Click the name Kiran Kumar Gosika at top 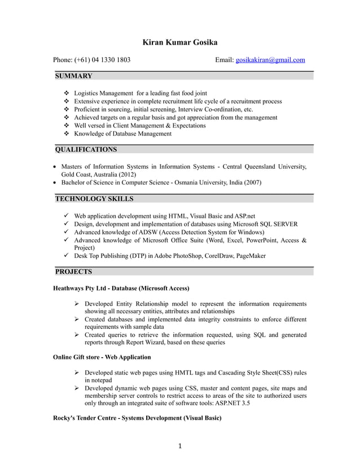[x=179, y=42]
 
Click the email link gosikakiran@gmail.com [x=270, y=60]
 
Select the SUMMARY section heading [x=73, y=76]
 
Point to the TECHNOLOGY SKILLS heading [x=94, y=199]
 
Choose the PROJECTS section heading [x=73, y=272]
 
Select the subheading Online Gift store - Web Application [x=102, y=357]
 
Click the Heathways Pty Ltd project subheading [x=121, y=288]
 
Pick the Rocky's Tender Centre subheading [x=137, y=418]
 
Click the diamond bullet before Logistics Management [x=67, y=93]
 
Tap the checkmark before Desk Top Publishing [x=67, y=256]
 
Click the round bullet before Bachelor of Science [x=54, y=183]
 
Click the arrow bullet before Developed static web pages [x=77, y=373]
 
